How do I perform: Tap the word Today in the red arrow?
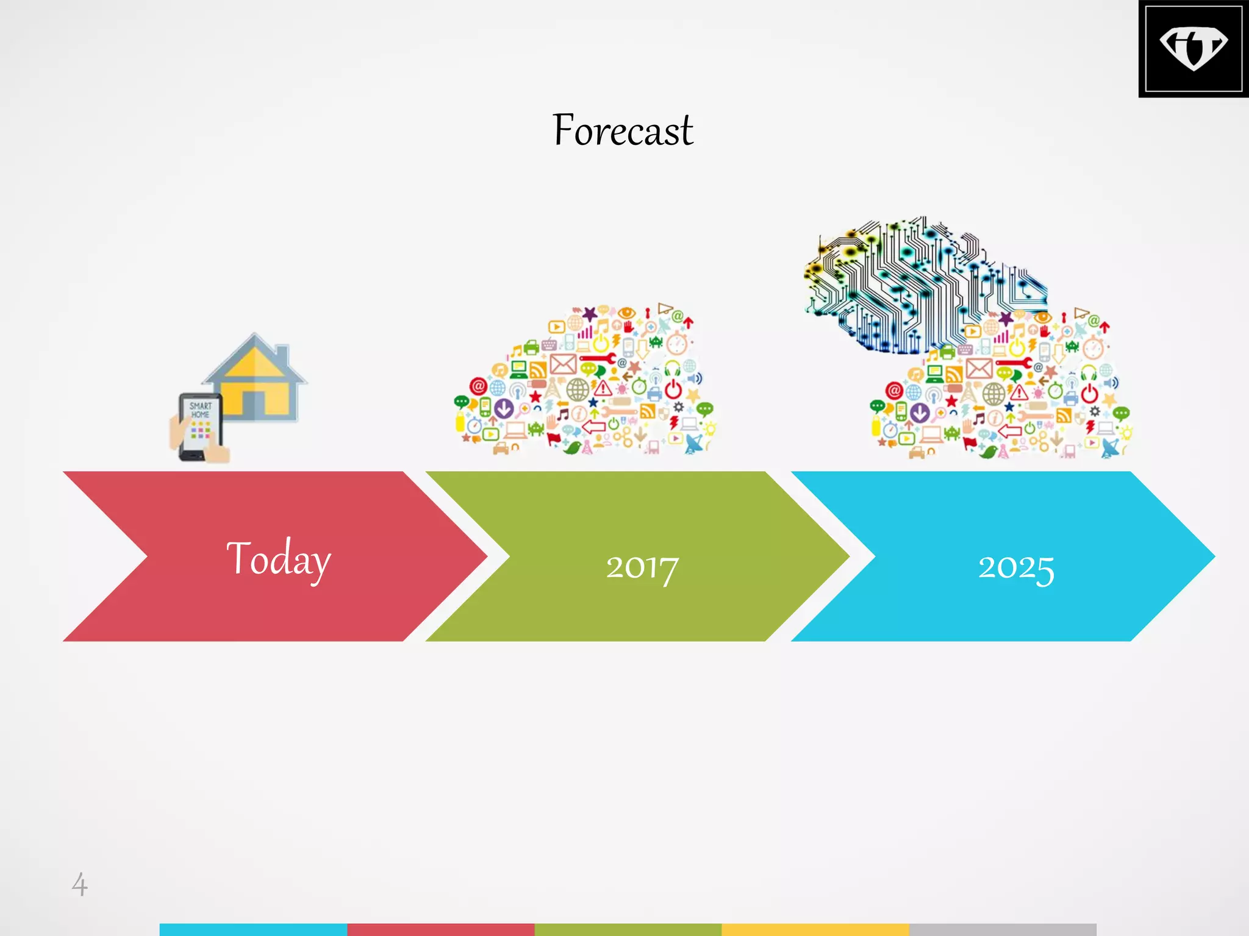(x=279, y=559)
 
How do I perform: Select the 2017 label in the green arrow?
(x=642, y=567)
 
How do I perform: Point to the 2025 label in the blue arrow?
(x=1016, y=567)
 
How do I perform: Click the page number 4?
(x=79, y=884)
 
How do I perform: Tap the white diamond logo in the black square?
(x=1193, y=48)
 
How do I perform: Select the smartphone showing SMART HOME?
(x=199, y=427)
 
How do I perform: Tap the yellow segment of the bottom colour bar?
(x=815, y=929)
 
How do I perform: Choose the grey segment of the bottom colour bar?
(x=1002, y=929)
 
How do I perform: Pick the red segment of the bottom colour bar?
(x=440, y=929)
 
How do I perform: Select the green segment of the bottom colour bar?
(x=628, y=929)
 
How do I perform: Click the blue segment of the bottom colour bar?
(x=253, y=929)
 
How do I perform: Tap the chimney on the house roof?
(x=281, y=353)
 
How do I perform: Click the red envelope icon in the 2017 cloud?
(x=563, y=364)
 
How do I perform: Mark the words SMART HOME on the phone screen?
(x=200, y=410)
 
